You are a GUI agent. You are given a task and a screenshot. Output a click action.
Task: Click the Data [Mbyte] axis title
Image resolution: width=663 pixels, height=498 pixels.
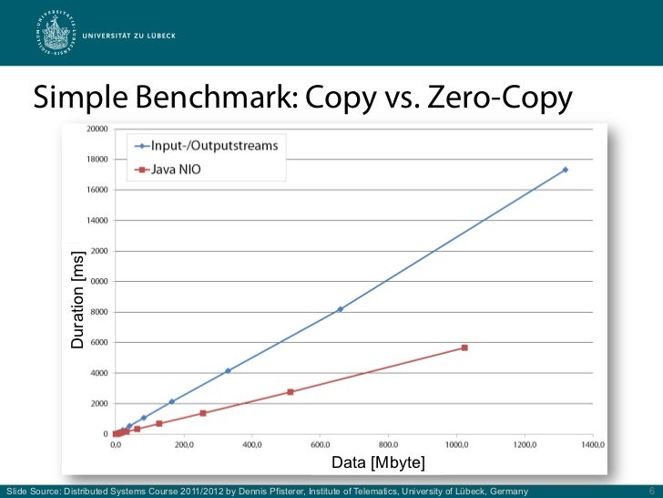coord(378,463)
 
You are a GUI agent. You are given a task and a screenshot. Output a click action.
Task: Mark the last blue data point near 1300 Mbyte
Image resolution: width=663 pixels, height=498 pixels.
coord(566,170)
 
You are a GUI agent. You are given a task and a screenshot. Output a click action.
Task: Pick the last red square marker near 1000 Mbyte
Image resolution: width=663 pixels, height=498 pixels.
coord(464,348)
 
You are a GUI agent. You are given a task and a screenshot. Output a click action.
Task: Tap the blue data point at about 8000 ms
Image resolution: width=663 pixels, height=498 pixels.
coord(340,309)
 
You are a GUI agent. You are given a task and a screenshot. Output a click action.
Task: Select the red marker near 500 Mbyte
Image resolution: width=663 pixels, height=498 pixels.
coord(291,392)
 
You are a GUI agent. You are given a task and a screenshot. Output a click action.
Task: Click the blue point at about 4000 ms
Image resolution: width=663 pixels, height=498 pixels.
coord(228,370)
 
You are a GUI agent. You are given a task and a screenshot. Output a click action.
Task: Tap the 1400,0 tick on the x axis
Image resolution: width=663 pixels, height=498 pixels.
coord(593,445)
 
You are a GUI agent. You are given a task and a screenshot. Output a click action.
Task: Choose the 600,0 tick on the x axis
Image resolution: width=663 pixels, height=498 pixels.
coord(320,445)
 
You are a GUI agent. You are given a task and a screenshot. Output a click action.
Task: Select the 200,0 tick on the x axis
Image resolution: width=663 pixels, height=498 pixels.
coord(184,445)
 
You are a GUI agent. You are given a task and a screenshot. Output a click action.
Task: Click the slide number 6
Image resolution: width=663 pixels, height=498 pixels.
coord(651,491)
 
